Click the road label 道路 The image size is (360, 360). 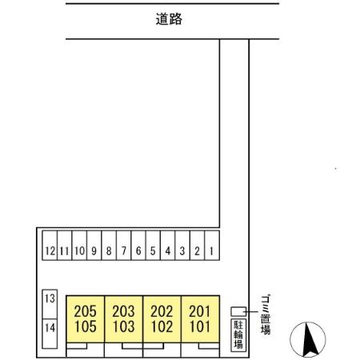169,19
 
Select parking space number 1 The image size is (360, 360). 212,246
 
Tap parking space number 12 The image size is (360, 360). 50,246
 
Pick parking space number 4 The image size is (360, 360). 168,246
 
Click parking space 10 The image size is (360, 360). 79,246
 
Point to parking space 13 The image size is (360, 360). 50,304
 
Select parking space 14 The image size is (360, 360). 50,334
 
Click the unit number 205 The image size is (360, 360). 85,311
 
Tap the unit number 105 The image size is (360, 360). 86,326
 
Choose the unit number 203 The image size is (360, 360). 123,311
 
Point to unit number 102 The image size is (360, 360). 162,326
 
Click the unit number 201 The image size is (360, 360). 200,311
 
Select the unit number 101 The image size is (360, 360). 200,326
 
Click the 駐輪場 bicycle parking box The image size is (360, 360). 238,335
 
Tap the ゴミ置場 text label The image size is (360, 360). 266,314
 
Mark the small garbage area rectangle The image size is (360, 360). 238,311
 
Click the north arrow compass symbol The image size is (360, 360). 308,339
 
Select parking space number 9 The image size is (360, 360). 94,246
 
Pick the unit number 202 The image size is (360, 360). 162,311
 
